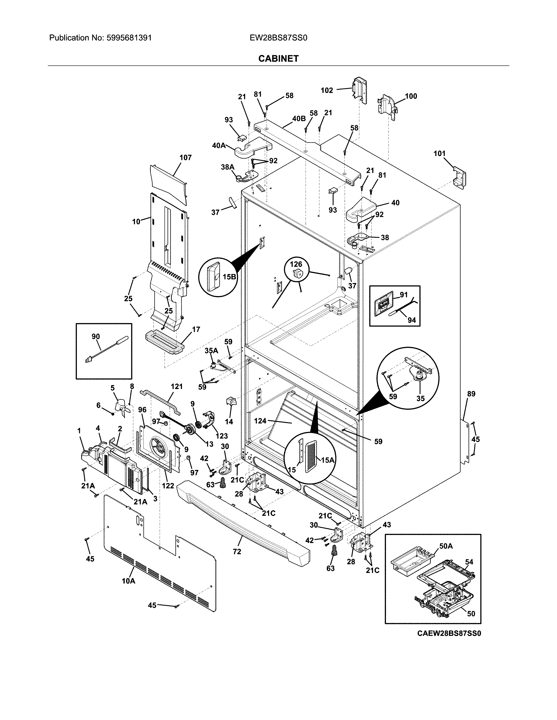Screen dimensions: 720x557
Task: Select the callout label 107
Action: tap(185, 158)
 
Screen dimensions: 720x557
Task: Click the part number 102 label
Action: tap(327, 90)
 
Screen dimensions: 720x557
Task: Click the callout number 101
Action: tap(439, 153)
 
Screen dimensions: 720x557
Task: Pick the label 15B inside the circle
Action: tap(229, 277)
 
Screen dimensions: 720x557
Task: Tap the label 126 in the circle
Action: tap(296, 264)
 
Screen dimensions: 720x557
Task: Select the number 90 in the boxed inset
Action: tap(96, 336)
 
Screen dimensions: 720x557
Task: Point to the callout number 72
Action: tap(237, 551)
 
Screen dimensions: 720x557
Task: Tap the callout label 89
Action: tap(471, 394)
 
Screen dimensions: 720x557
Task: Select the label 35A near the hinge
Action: tap(211, 351)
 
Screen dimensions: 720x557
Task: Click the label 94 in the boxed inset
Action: tap(412, 320)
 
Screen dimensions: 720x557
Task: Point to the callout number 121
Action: tap(176, 386)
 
